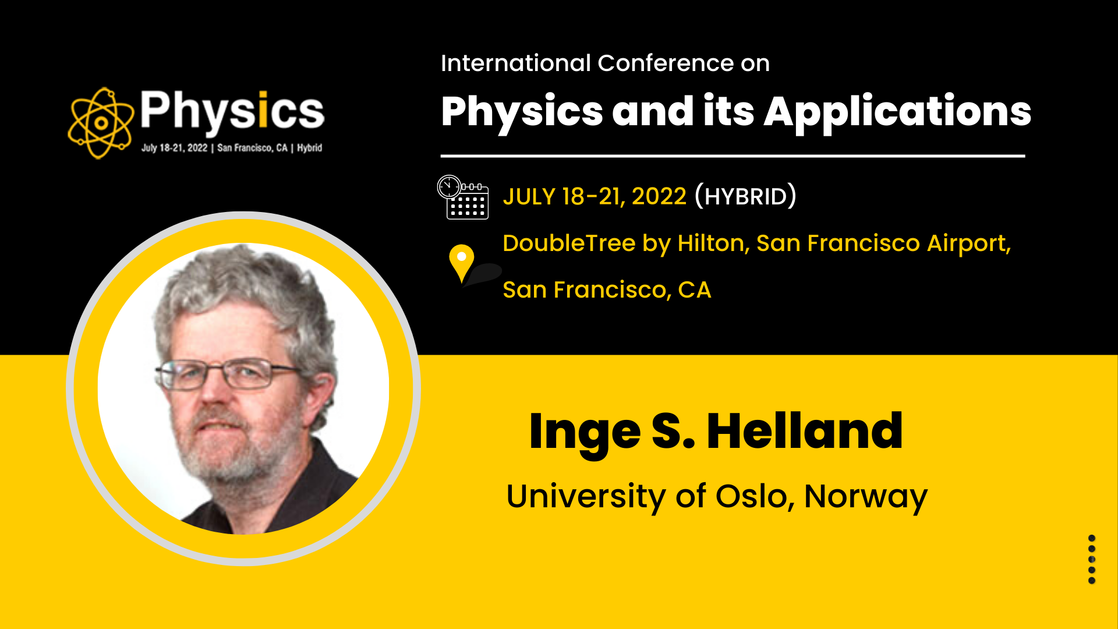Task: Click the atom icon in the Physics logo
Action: (x=101, y=123)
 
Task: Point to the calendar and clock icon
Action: (x=463, y=197)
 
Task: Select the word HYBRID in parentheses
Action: (x=745, y=197)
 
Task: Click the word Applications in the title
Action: (x=897, y=112)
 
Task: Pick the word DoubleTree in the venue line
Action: (x=569, y=243)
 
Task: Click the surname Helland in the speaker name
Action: (x=805, y=431)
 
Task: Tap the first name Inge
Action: (x=585, y=434)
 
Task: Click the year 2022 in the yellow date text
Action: (x=659, y=197)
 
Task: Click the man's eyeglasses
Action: (x=227, y=374)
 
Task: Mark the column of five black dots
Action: (x=1092, y=559)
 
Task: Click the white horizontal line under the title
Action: (x=733, y=156)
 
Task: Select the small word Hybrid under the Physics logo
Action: (x=309, y=148)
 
